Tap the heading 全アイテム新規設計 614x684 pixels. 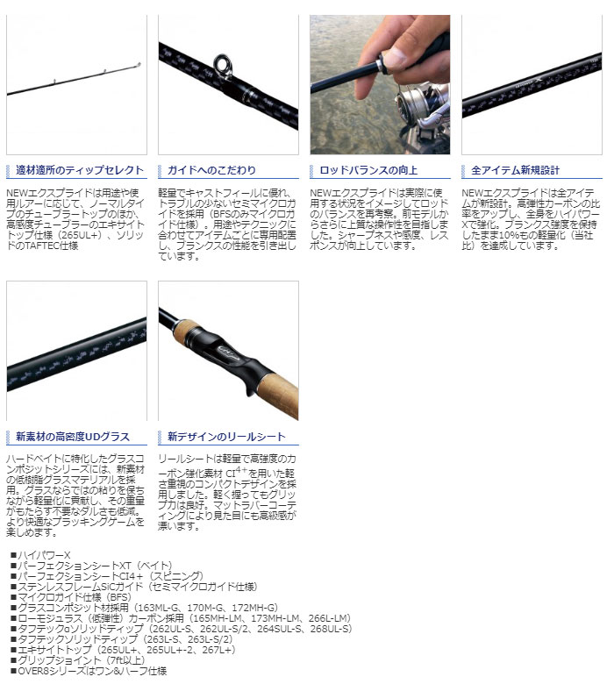(x=515, y=170)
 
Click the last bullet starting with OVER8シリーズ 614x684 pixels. (x=88, y=670)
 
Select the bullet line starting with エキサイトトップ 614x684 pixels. (x=132, y=649)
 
